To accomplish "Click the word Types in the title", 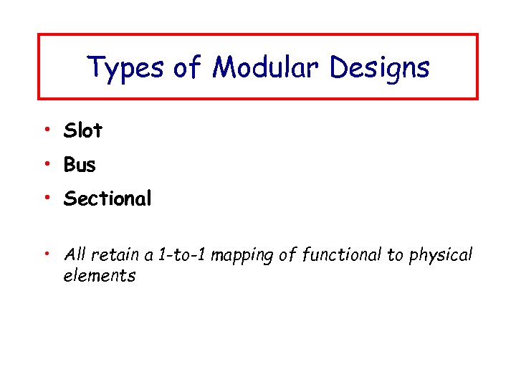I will [x=125, y=68].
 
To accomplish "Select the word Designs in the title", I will [x=380, y=68].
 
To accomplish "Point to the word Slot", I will [x=83, y=130].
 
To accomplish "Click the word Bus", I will [x=80, y=165].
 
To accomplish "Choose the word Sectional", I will [x=107, y=199].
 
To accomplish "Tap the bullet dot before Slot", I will [x=45, y=129].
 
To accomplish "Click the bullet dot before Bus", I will [x=45, y=163].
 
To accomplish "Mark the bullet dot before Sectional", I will [x=45, y=197].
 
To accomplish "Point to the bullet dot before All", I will [x=45, y=252].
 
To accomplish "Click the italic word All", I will [x=75, y=254].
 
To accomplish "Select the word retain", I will [x=112, y=254].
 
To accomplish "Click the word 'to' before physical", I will [x=395, y=255].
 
